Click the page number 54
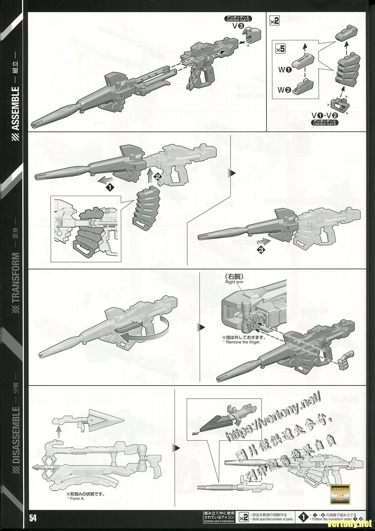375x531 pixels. coord(33,518)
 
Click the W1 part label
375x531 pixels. coord(285,70)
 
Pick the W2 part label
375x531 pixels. coord(285,90)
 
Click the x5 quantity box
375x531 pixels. coord(280,49)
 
